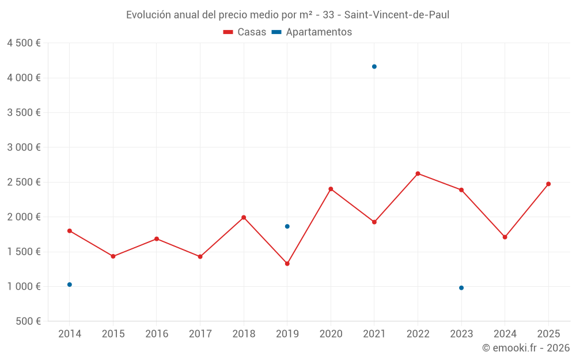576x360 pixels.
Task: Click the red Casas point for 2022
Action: (418, 173)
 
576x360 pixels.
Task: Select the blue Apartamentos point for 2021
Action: (374, 67)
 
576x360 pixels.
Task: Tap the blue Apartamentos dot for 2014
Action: (70, 285)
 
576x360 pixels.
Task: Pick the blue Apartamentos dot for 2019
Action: (287, 226)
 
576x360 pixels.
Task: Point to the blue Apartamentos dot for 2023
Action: (461, 288)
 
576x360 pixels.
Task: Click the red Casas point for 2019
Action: (287, 264)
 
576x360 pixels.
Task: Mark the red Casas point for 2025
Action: (548, 184)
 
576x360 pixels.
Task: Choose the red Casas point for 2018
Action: (244, 217)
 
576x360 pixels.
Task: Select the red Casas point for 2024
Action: (505, 237)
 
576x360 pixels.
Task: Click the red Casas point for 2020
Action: (331, 189)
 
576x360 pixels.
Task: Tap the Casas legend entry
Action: (245, 32)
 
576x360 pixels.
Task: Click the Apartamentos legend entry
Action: (312, 32)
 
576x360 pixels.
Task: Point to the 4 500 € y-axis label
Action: (24, 43)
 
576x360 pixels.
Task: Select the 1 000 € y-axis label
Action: (24, 286)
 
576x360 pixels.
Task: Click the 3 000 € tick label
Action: (24, 147)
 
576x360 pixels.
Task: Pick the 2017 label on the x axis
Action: (200, 334)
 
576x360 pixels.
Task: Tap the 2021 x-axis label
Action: (374, 334)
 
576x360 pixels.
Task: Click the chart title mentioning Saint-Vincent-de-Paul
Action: (287, 15)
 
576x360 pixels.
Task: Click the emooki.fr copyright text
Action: (526, 348)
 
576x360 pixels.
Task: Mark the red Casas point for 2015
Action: (113, 256)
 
